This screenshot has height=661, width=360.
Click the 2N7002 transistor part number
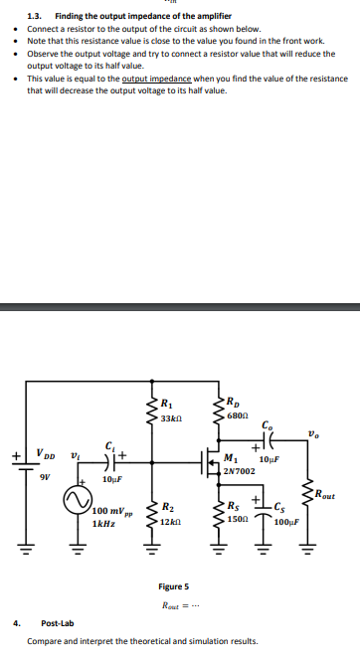[240, 470]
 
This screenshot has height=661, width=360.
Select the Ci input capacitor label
[107, 446]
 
